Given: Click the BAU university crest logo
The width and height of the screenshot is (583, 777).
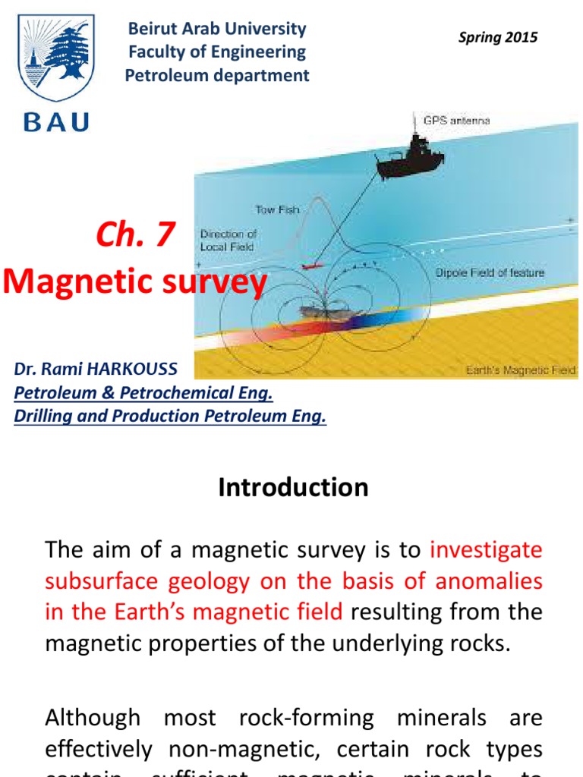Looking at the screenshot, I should coord(56,59).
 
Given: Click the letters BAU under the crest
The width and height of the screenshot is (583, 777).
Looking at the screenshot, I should coord(57,121).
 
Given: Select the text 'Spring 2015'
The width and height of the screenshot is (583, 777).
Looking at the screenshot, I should coord(498,37).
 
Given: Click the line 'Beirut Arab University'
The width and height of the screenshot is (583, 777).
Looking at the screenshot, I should coord(217,29).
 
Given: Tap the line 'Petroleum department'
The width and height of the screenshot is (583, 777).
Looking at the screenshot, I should coord(217,75).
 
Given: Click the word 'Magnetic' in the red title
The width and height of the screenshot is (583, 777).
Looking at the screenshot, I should coord(73,283).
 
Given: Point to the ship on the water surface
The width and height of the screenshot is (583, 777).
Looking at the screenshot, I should coord(411,160).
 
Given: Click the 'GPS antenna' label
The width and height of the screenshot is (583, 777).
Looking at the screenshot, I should coord(457,120).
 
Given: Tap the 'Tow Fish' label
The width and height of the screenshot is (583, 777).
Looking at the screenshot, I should coord(278,209).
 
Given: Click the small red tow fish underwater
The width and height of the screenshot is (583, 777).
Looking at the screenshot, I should coord(311,267).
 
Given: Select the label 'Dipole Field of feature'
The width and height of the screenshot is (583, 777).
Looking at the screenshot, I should coord(490,272).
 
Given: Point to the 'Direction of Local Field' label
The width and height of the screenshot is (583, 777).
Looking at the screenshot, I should coord(228,241).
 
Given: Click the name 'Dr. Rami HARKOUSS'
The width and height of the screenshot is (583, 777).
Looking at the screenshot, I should coord(96,370).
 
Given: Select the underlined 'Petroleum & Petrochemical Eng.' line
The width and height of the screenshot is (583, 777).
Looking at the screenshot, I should coord(143,393).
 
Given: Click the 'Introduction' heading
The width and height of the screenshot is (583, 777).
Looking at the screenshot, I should coord(293,487).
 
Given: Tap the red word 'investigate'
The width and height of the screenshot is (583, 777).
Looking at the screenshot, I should coord(486,549).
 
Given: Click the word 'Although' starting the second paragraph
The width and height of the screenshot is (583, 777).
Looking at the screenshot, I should coord(93,717).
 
